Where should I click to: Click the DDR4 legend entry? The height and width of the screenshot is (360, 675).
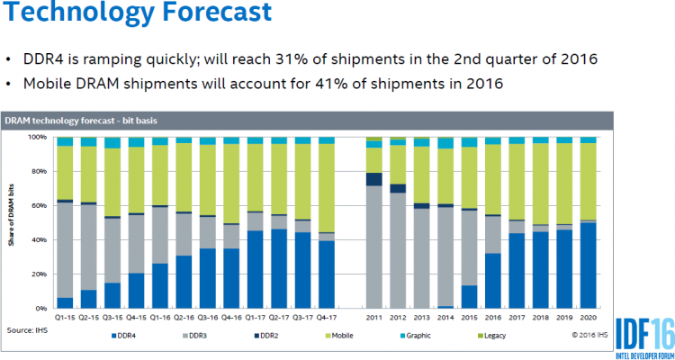coord(126,336)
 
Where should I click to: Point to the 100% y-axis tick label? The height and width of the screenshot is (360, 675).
coord(40,138)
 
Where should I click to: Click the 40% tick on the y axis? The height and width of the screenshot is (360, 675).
coord(41,240)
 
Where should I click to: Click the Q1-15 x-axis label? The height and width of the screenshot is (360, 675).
coord(65,318)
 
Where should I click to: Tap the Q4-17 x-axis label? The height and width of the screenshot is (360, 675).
coord(326,318)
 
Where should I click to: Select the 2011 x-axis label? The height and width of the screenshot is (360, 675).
coord(374,318)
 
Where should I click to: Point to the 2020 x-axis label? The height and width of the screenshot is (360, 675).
coord(588,318)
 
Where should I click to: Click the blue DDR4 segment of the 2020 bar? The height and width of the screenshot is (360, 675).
coord(588,265)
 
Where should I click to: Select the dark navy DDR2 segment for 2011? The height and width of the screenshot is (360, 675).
coord(374,179)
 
